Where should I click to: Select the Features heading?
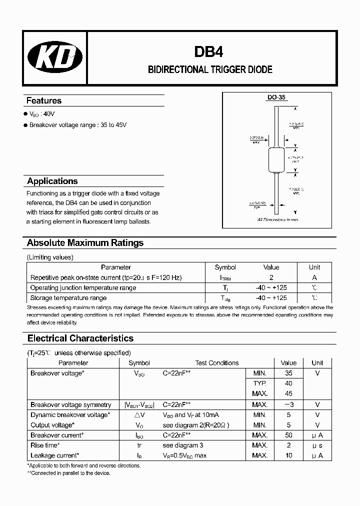[44, 100]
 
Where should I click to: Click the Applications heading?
[52, 181]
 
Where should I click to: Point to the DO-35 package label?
[276, 98]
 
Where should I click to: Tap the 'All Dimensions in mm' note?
[277, 219]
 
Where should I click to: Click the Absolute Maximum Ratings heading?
[85, 243]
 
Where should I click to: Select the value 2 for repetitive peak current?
[271, 277]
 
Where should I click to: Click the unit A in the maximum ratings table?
[314, 277]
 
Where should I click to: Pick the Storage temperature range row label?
[68, 298]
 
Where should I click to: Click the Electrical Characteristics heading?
[80, 338]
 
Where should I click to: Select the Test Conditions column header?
[217, 363]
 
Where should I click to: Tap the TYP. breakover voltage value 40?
[288, 383]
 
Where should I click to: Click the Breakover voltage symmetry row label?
[71, 404]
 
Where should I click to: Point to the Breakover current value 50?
[288, 435]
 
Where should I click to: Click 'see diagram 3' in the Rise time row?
[184, 445]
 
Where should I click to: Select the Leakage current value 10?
[288, 455]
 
